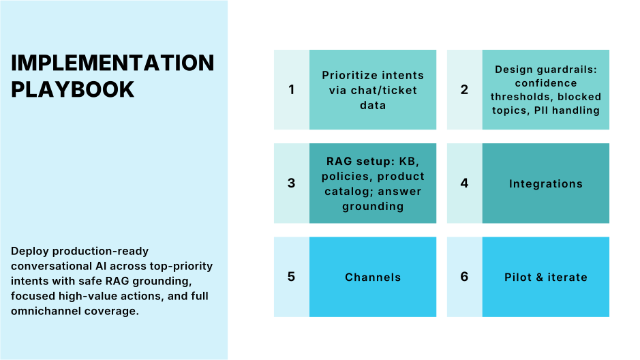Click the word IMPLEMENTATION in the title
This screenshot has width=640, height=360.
tap(112, 63)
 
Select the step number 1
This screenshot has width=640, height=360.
tap(292, 89)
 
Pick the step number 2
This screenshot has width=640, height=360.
tap(465, 89)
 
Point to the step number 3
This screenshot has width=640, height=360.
tap(292, 183)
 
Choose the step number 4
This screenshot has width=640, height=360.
tap(465, 183)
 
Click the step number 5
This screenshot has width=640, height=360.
tap(292, 277)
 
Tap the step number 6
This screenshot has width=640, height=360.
tap(465, 277)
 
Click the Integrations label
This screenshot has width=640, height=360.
tap(545, 183)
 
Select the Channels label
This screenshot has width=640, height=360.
tap(373, 277)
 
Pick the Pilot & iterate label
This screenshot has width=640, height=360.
tap(545, 277)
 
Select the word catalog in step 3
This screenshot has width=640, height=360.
tap(346, 192)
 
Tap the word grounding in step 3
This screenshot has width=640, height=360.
tap(372, 206)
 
